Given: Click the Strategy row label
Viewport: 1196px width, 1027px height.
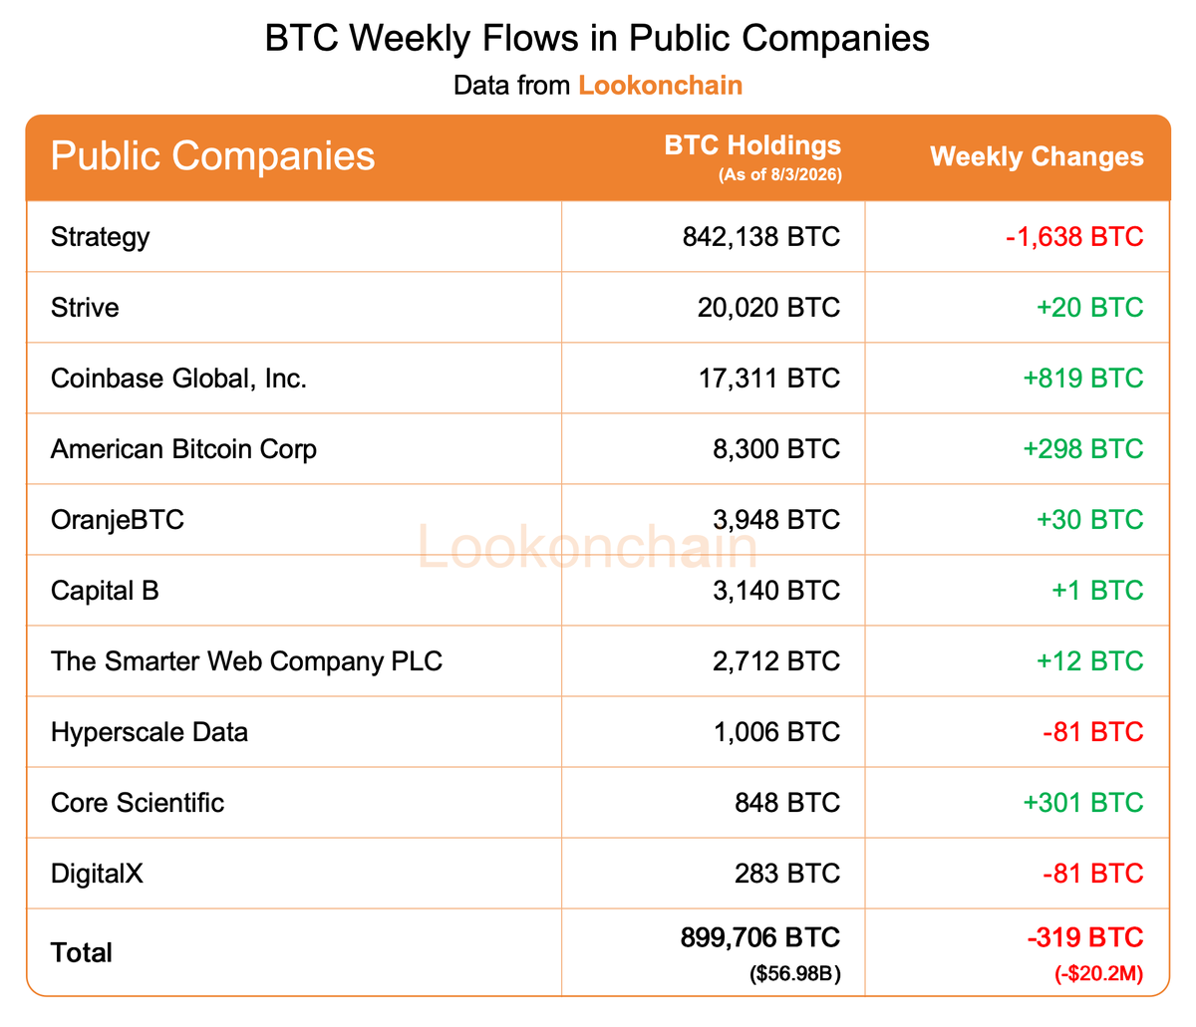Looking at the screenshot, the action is (100, 237).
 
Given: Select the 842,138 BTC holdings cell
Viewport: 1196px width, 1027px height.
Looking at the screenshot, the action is (760, 237).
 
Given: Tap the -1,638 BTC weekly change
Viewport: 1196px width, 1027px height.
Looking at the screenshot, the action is (1074, 237).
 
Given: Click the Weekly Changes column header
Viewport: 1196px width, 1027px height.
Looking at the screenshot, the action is (1037, 156).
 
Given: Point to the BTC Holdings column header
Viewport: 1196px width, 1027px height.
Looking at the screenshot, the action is (752, 145).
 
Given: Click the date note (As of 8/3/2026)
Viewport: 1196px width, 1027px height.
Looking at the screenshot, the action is (780, 174).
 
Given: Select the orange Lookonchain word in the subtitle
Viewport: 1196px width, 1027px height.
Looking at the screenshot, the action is (660, 86).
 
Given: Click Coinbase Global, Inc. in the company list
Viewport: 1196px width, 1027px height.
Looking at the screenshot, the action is (178, 379).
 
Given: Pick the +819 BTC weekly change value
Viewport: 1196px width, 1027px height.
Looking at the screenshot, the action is (1083, 379).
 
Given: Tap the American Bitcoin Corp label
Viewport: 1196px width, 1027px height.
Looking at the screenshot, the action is (184, 449).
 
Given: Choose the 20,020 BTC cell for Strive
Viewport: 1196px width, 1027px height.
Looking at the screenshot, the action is (768, 308).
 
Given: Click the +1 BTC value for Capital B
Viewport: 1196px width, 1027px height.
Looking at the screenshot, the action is (1097, 591).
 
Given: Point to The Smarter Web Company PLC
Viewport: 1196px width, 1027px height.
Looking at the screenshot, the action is (246, 661).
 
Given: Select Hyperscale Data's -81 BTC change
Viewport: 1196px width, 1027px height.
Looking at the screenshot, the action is (1093, 732).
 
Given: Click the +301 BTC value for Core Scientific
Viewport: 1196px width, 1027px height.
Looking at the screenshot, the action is (1083, 803).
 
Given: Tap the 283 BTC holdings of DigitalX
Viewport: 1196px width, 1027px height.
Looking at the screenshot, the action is (787, 874).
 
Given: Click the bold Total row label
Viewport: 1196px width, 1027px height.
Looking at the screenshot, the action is (82, 953).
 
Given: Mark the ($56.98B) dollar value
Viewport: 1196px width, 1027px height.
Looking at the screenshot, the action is (795, 974).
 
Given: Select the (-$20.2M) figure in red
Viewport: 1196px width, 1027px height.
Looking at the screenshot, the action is (1098, 974).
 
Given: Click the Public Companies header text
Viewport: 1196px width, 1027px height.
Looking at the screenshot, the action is (213, 156).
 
